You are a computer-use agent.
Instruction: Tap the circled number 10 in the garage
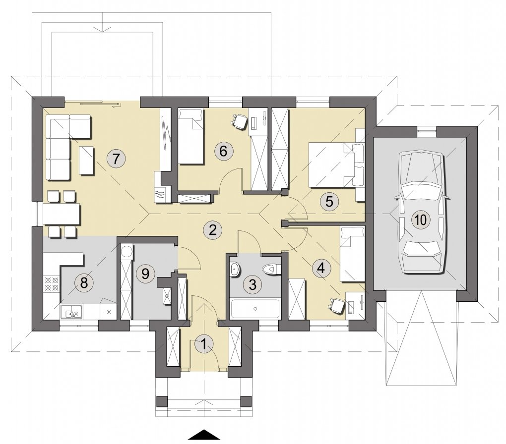pos(421,220)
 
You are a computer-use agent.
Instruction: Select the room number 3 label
pos(253,284)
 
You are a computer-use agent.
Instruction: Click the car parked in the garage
pos(421,213)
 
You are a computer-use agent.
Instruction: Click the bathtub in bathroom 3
pos(255,309)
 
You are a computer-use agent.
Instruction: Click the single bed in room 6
pos(191,136)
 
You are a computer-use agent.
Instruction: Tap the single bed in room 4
pos(353,254)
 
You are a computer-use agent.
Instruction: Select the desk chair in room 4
pos(336,305)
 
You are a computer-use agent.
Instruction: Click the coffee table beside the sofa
pos(87,161)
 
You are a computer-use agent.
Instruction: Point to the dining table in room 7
pos(62,214)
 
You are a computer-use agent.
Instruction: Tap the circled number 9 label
pos(145,274)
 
